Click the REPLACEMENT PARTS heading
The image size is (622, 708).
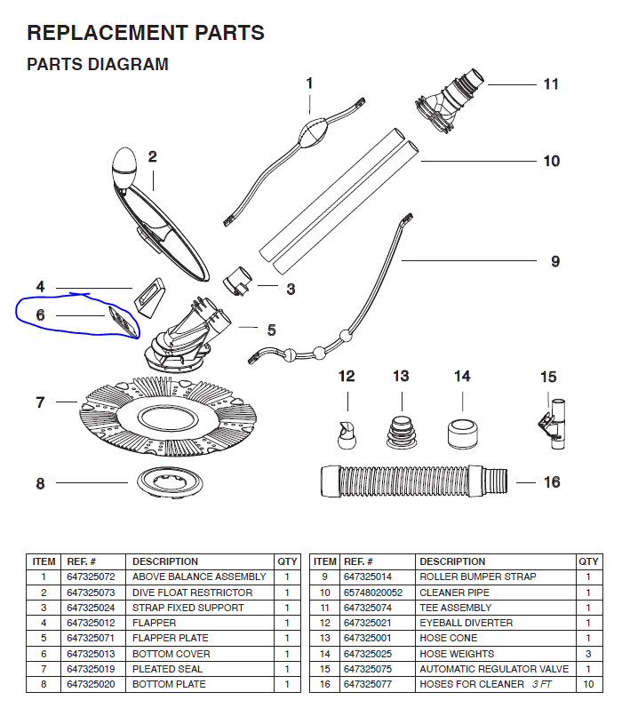coord(146,34)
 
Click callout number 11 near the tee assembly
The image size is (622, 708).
coord(551,84)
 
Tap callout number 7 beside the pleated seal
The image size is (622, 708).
coord(40,402)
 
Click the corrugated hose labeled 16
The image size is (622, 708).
coord(415,481)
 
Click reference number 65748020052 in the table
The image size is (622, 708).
coord(373,593)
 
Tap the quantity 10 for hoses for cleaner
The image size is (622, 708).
coord(588,684)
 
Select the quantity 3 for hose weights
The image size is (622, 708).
coord(588,654)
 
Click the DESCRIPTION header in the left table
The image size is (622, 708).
coord(165,561)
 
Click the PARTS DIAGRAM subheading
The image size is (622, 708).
coord(98,65)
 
